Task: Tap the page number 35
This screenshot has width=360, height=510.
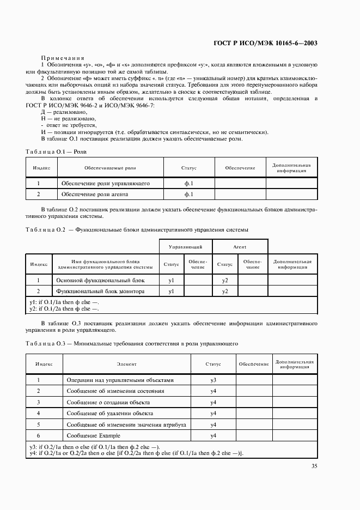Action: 314,465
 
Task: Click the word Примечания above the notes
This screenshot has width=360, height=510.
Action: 62,58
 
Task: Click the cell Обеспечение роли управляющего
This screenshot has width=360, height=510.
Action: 105,183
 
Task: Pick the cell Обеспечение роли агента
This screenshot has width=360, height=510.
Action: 98,194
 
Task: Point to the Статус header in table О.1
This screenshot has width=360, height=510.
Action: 189,168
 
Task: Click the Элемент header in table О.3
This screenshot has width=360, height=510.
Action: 126,363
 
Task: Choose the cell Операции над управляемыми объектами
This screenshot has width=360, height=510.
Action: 120,380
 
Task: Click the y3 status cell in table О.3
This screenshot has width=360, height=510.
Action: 213,380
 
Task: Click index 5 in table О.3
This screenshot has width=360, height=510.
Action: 39,424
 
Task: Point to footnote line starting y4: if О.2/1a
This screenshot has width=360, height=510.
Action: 136,452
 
